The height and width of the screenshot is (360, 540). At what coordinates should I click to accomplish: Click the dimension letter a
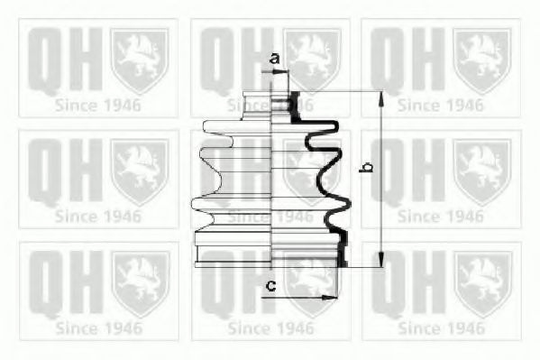pos(275,59)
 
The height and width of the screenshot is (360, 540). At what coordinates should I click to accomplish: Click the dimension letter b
pos(365,167)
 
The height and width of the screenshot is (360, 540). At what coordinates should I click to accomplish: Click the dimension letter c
pos(270,287)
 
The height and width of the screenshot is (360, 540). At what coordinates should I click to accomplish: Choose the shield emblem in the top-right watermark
pos(481,59)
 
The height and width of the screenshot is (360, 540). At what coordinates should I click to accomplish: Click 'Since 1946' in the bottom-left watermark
pos(97,327)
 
